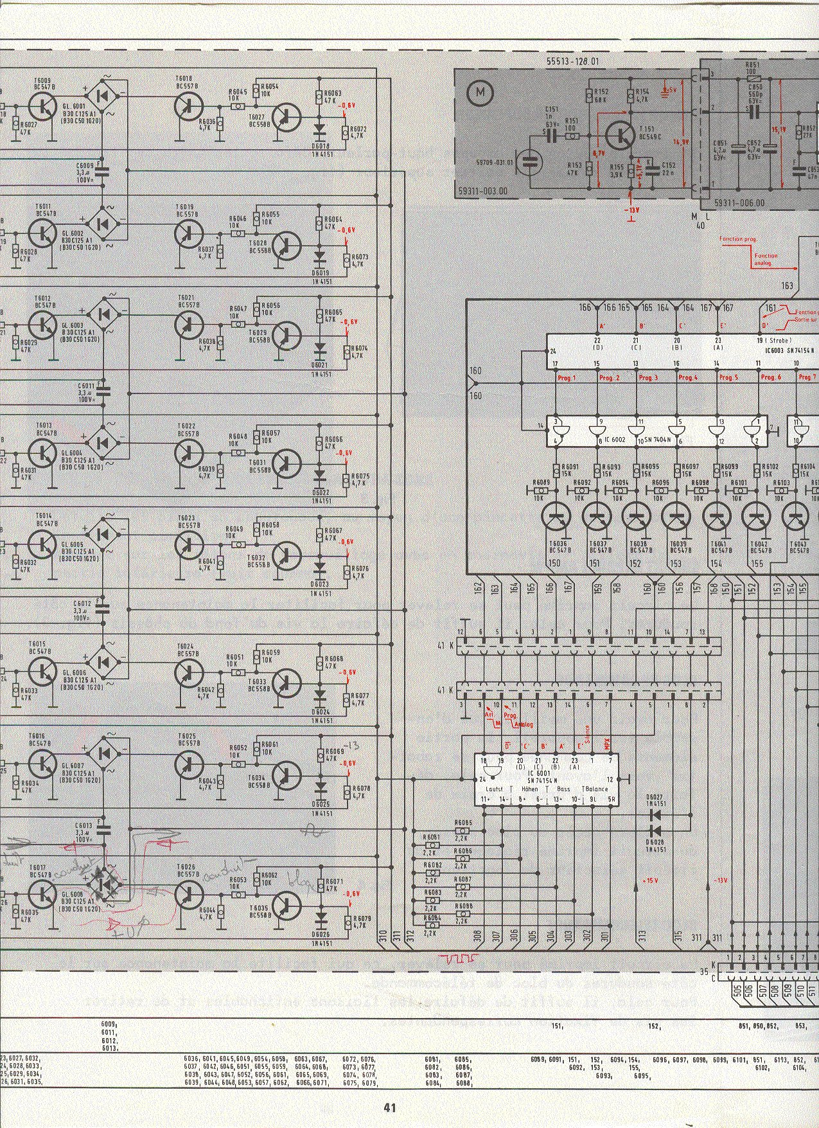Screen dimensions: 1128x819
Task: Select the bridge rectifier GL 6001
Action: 103,96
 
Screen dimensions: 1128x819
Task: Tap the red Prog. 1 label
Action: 567,377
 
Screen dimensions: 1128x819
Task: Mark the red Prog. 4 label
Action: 688,377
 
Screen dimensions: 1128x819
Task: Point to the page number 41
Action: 390,1107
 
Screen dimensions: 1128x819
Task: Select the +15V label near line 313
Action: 651,880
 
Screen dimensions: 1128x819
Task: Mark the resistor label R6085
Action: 463,823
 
